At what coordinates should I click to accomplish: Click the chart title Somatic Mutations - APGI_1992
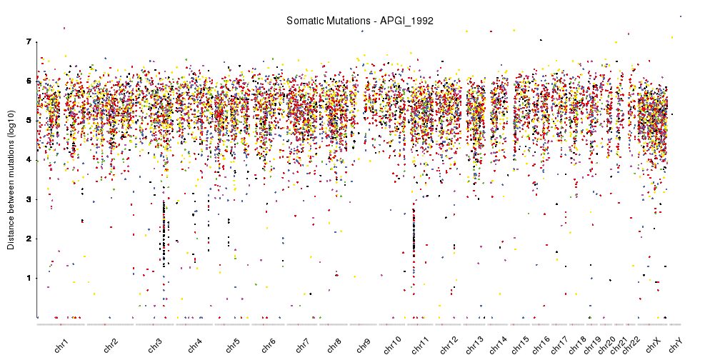pyautogui.click(x=359, y=21)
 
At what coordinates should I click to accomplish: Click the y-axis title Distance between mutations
pyautogui.click(x=11, y=179)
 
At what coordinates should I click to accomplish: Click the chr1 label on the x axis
pyautogui.click(x=61, y=345)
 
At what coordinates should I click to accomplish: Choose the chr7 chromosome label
pyautogui.click(x=302, y=345)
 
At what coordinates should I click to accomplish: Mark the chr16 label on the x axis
pyautogui.click(x=541, y=345)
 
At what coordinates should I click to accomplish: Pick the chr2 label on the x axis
pyautogui.click(x=111, y=345)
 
